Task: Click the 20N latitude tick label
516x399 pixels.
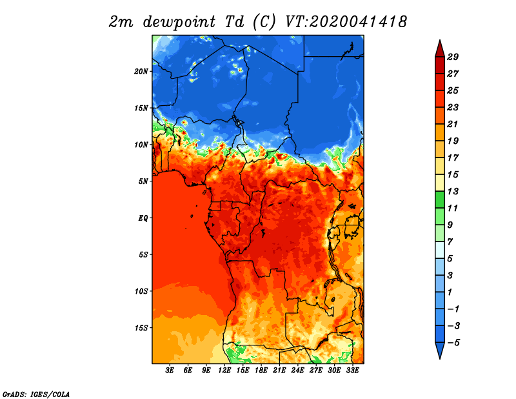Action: (x=141, y=71)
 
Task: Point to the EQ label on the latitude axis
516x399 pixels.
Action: (x=143, y=218)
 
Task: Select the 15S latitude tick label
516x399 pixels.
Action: (x=141, y=328)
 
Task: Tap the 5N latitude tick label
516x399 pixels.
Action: (x=143, y=181)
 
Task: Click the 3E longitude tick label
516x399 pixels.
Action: (x=170, y=371)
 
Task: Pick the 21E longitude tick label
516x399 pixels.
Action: (x=279, y=371)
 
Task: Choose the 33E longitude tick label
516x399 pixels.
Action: (x=352, y=371)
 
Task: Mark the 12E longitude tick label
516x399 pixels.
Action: (x=224, y=371)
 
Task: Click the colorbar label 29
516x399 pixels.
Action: (x=453, y=57)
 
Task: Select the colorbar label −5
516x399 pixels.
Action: (x=453, y=343)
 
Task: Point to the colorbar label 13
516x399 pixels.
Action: (x=453, y=191)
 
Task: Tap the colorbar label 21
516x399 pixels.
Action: (x=453, y=124)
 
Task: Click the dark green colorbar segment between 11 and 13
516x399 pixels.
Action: (x=440, y=200)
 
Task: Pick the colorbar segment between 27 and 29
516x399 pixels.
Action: (x=440, y=65)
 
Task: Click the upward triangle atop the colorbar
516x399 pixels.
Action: (x=440, y=50)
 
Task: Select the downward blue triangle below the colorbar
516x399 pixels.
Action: (x=440, y=350)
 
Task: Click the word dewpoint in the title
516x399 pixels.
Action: (x=179, y=23)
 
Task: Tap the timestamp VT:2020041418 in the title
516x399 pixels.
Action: (x=346, y=22)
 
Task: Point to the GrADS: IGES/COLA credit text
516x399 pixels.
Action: (x=36, y=394)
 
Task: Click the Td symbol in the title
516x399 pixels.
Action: (x=235, y=22)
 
